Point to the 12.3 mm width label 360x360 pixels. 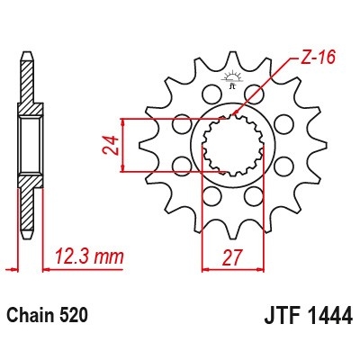click(87, 257)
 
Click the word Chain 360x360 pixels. click(30, 316)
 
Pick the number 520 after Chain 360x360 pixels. click(74, 316)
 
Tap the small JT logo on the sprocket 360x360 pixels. click(231, 84)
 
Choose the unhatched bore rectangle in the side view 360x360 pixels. click(26, 144)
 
